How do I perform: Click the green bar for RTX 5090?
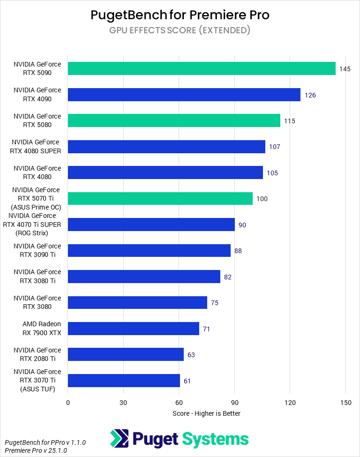pos(202,68)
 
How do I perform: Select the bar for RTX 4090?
pos(184,95)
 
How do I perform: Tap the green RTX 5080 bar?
pos(174,120)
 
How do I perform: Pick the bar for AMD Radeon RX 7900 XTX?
pos(134,329)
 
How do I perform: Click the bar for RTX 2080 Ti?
pos(126,354)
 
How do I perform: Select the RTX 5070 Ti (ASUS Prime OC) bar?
pos(160,198)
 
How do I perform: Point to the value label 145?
pos(345,69)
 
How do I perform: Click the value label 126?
pos(310,95)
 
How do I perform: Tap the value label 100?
pos(262,199)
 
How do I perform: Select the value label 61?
pos(187,381)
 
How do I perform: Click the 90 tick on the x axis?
pos(234,402)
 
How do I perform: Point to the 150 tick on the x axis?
pos(345,402)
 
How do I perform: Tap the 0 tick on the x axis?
pos(68,402)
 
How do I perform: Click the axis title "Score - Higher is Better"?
pos(206,413)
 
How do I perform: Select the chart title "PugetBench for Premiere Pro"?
pos(180,15)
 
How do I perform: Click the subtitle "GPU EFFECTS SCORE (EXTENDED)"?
pos(180,30)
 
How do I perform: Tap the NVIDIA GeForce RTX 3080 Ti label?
pos(37,277)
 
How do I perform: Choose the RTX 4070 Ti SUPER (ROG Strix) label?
pos(35,225)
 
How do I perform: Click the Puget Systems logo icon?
pos(119,439)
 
